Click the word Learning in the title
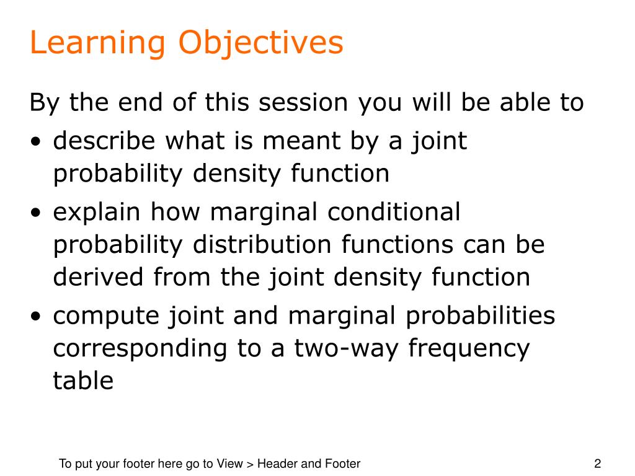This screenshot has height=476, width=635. (x=97, y=43)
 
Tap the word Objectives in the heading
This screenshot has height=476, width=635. (x=261, y=43)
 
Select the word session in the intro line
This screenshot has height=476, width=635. (x=303, y=102)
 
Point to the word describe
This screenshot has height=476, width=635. (x=104, y=141)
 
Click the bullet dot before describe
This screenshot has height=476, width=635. (x=36, y=142)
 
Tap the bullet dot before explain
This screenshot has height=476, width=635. (x=36, y=213)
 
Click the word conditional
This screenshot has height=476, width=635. (x=394, y=212)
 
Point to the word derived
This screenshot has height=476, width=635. (x=99, y=277)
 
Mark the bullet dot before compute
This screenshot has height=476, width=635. (x=36, y=316)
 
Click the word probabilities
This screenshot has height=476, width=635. (x=481, y=316)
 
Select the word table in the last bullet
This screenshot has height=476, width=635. (x=83, y=381)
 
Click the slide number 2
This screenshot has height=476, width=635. (x=597, y=464)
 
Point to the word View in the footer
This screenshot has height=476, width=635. (x=229, y=464)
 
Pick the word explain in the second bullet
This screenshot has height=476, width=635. (x=97, y=213)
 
